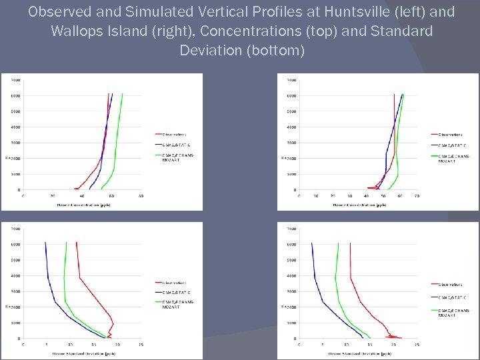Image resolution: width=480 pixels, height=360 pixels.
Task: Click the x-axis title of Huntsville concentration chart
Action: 83,205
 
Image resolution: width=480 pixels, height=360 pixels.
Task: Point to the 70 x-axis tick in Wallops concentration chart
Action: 416,196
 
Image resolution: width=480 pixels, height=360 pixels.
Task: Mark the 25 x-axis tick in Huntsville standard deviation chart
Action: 141,345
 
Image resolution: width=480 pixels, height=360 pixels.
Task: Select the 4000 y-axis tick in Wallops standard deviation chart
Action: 291,276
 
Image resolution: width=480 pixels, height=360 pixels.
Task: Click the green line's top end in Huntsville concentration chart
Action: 122,94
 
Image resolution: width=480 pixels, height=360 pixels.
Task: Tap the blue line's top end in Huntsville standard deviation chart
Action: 45,243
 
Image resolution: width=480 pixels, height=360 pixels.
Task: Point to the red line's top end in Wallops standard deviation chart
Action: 350,243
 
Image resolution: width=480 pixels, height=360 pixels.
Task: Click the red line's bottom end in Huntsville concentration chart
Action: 74,189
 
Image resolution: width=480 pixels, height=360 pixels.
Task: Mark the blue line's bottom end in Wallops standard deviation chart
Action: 363,338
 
